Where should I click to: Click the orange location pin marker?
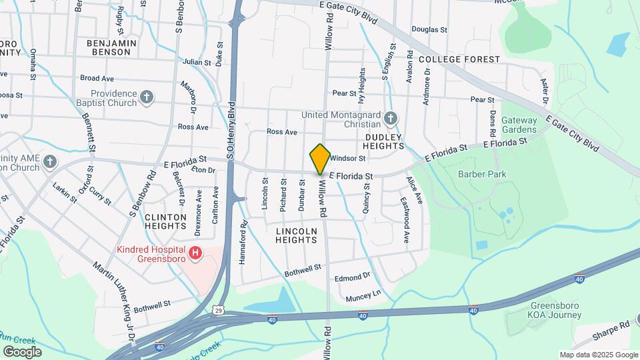pos(320,159)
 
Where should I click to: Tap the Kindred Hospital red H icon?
pos(195,253)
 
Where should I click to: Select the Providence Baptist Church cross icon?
pos(147,99)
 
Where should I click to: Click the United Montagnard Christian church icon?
pos(391,119)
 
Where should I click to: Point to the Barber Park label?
pos(482,175)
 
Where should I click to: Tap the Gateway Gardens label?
pos(519,125)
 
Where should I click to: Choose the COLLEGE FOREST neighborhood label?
pos(460,59)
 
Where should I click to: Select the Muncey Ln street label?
pos(363,293)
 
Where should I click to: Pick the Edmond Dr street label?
pos(352,277)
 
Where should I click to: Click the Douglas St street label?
pos(429,29)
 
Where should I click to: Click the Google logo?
pos(21,351)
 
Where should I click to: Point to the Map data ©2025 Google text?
pos(599,355)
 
